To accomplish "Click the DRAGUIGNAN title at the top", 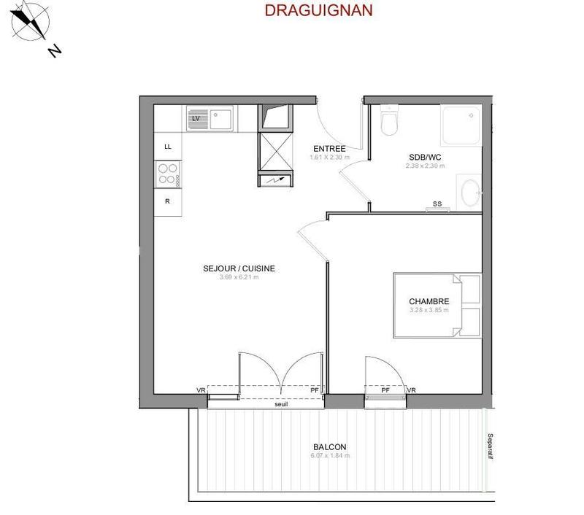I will click(318, 10).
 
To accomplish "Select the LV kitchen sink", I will click(210, 117).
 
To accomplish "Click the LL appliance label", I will click(168, 147).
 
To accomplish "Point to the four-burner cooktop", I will click(167, 174).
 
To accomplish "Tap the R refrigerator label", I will click(167, 201).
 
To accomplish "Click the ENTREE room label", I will click(329, 149).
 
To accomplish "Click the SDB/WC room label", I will click(424, 157).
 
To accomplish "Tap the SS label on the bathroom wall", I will click(437, 204).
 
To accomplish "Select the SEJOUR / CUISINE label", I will click(239, 268).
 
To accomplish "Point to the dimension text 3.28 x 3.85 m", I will click(429, 310).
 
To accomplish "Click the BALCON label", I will click(329, 447).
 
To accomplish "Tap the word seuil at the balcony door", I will click(281, 403).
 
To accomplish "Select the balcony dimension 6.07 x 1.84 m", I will click(330, 456).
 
